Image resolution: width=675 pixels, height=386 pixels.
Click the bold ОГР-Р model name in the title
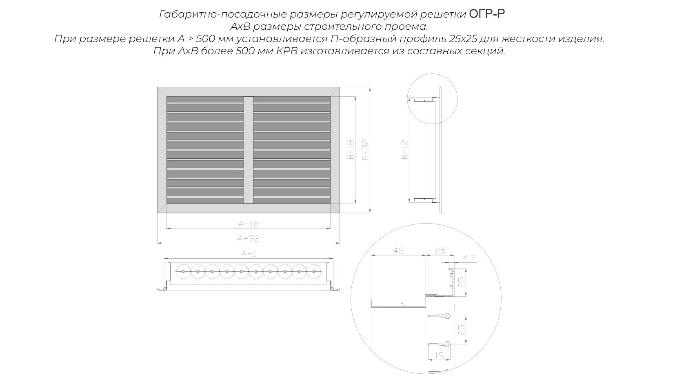[x=487, y=14]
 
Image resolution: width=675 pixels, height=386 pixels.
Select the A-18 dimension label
[x=249, y=224]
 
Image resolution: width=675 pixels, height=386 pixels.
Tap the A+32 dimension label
[x=248, y=238]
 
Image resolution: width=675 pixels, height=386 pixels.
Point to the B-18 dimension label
[x=351, y=150]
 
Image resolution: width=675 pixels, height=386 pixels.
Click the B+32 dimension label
[x=365, y=150]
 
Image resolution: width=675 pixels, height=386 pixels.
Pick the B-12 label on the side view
[x=405, y=150]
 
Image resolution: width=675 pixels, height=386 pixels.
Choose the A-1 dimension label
[x=249, y=254]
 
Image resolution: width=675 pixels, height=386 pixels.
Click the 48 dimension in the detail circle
[x=398, y=251]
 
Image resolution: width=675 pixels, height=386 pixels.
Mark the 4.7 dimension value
[x=469, y=258]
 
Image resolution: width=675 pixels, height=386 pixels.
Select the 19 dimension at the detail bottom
[x=439, y=355]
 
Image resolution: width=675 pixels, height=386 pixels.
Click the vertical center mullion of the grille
[x=248, y=150]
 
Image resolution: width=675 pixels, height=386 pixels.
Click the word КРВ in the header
[x=287, y=51]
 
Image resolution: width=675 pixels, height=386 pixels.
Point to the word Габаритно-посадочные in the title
[x=223, y=14]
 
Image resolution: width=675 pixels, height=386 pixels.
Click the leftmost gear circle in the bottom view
[x=183, y=271]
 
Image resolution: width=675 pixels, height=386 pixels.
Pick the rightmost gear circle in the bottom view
[x=314, y=271]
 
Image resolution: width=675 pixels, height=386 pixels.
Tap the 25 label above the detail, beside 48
[x=440, y=251]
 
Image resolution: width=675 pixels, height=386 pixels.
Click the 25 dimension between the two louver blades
[x=461, y=330]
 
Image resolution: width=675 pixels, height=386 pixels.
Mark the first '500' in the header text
[x=206, y=39]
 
